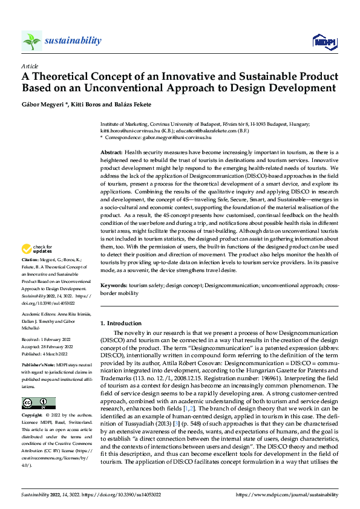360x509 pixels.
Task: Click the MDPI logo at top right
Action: [x=324, y=41]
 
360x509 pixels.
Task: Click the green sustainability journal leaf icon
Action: [x=31, y=41]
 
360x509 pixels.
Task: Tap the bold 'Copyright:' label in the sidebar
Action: [x=31, y=399]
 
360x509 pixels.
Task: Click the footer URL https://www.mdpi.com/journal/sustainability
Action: [x=287, y=494]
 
